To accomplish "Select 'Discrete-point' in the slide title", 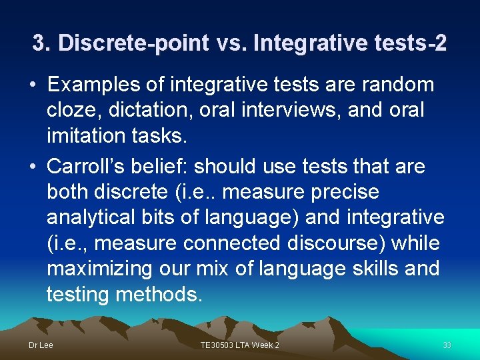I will pos(133,44).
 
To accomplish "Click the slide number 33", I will pos(447,345).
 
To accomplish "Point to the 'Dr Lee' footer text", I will pos(41,345).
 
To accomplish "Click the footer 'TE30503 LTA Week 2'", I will pos(240,345).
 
